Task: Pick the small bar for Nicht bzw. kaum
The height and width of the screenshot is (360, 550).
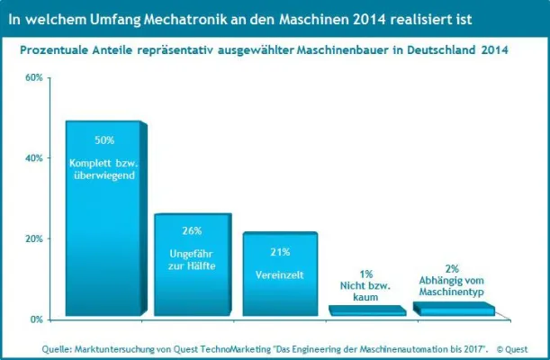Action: coord(366,311)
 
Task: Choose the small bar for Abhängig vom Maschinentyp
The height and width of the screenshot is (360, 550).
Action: coord(453,309)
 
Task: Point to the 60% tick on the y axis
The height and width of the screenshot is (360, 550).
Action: coord(33,77)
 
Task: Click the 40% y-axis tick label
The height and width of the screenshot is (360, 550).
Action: coord(33,158)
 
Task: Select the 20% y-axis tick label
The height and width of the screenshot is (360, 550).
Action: coord(33,239)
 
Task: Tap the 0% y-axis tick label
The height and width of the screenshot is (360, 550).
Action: coord(36,319)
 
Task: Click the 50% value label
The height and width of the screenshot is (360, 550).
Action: coord(104,140)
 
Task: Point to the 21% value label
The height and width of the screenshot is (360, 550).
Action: coord(279,251)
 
